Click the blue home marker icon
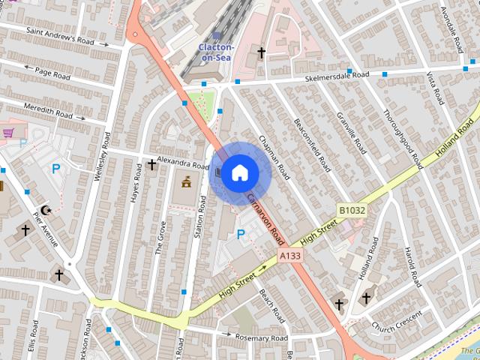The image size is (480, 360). coord(239,173)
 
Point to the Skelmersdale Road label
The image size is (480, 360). coord(337,76)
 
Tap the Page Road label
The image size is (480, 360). coord(50,73)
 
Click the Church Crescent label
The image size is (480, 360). coord(398,320)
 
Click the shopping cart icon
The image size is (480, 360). coord(9,133)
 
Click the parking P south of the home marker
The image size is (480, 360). coord(241,235)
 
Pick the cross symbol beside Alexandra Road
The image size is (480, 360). coord(151,164)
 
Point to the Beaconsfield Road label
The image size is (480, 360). coord(311,144)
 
